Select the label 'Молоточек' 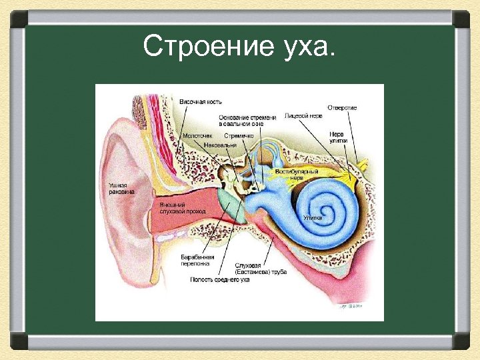pyautogui.click(x=198, y=135)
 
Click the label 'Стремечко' pyautogui.click(x=238, y=135)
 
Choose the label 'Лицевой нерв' pyautogui.click(x=303, y=115)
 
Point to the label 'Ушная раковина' pyautogui.click(x=121, y=188)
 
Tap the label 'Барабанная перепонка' pyautogui.click(x=197, y=259)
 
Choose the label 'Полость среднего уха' pyautogui.click(x=220, y=279)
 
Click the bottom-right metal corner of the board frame pyautogui.click(x=463, y=343)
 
